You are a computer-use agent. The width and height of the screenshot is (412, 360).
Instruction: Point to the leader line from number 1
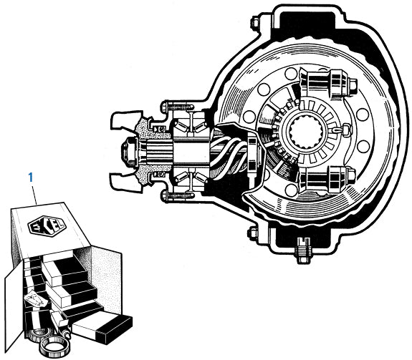click(34, 192)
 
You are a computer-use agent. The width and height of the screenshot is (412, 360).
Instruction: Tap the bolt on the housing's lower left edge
click(252, 234)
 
